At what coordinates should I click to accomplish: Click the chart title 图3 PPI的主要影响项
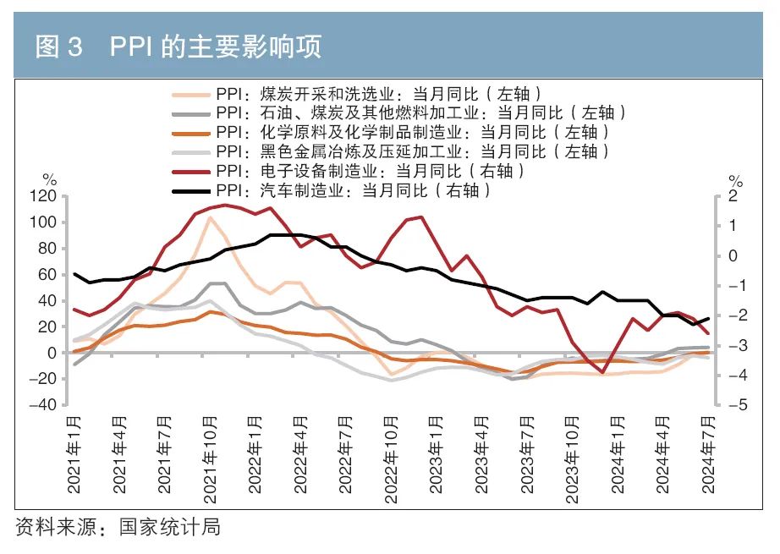click(x=178, y=47)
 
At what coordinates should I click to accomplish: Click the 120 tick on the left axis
click(x=45, y=196)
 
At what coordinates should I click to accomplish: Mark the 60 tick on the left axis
click(x=48, y=275)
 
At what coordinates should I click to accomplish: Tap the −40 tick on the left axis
click(x=45, y=405)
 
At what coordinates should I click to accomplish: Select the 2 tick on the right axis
click(x=734, y=196)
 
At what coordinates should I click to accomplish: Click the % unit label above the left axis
click(x=50, y=180)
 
